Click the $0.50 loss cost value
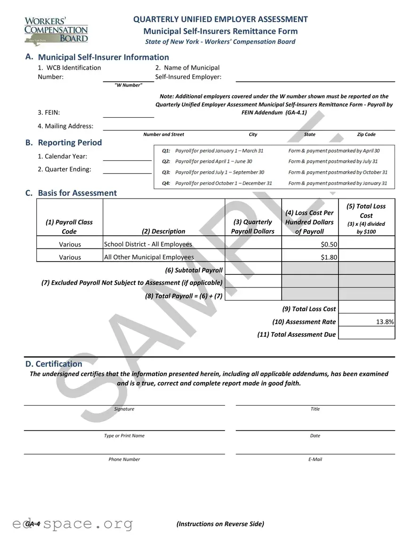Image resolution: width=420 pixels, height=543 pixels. tap(328, 244)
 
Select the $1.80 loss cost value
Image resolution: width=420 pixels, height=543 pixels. tap(328, 257)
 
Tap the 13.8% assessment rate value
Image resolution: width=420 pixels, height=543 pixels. tap(385, 322)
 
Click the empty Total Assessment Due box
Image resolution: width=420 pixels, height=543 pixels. tap(366, 334)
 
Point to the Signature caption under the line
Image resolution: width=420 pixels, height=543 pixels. tap(124, 409)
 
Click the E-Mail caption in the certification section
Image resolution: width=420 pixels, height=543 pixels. tap(315, 459)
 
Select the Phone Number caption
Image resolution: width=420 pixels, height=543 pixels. tap(124, 459)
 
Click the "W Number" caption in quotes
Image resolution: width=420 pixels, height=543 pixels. tap(128, 85)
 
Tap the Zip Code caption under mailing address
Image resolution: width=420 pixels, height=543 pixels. tap(366, 135)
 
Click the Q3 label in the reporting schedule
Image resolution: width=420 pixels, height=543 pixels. tap(166, 172)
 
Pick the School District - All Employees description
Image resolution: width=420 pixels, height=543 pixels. tap(148, 244)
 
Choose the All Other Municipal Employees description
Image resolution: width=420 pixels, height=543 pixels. tap(149, 257)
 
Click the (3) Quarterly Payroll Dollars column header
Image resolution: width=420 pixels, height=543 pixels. tap(253, 226)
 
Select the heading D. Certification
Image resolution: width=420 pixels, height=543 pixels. tap(54, 364)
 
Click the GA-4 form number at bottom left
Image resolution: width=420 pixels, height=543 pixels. tap(32, 524)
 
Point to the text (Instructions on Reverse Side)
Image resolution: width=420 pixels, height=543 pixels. tap(220, 524)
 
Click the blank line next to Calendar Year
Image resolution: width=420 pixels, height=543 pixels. tap(127, 157)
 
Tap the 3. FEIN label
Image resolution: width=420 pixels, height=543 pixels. tap(48, 112)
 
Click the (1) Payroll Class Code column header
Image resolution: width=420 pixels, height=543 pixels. tap(69, 226)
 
